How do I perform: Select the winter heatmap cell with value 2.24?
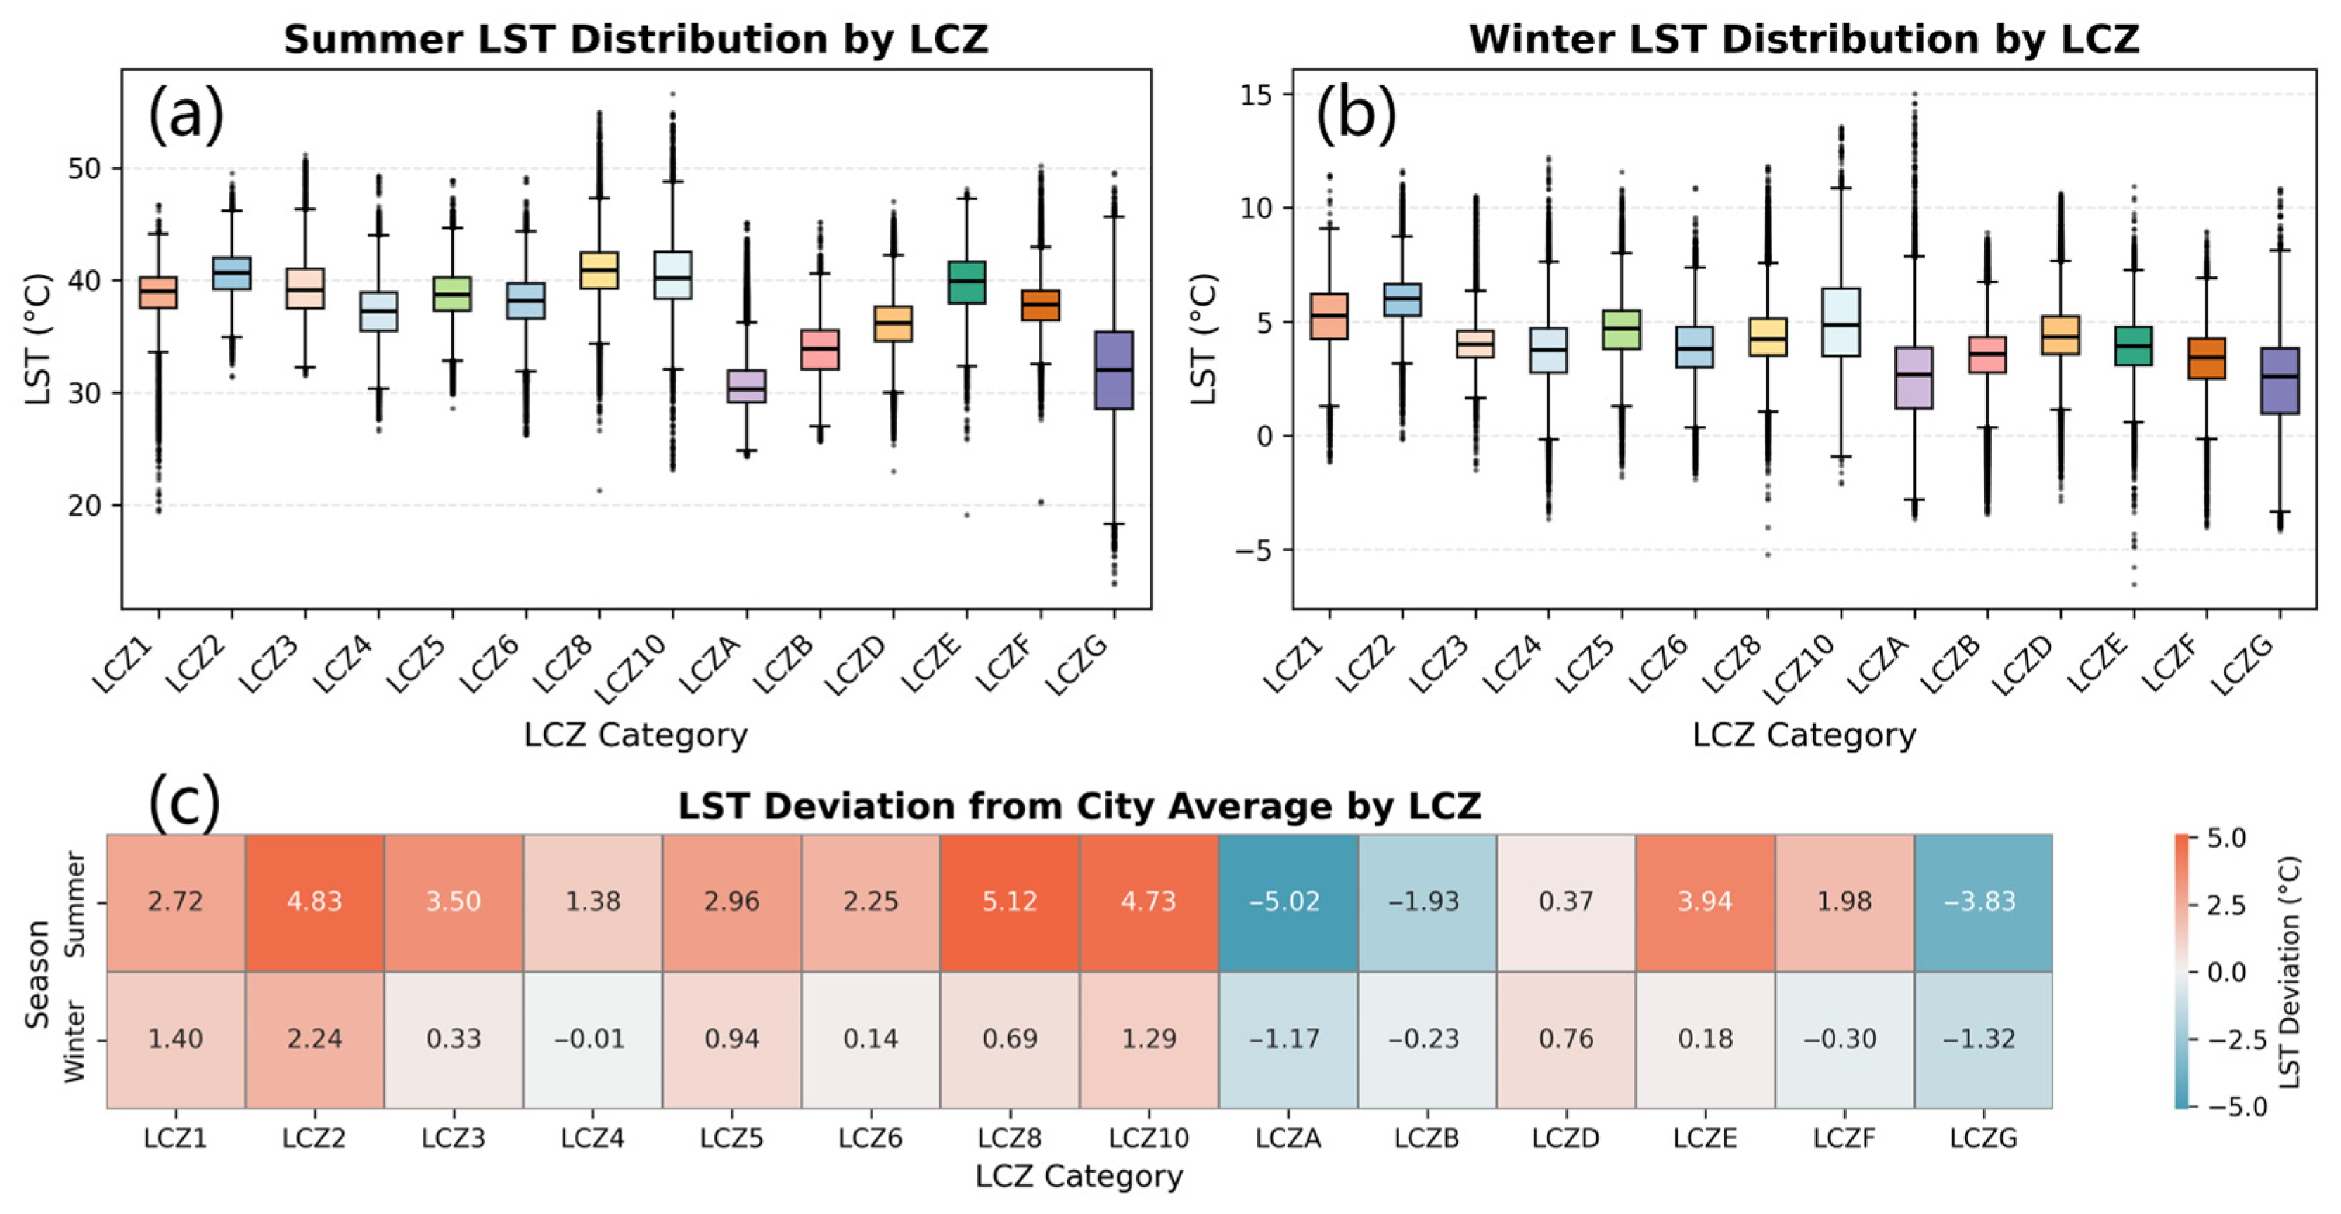click(x=314, y=1039)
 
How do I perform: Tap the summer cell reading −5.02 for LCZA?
click(x=1288, y=902)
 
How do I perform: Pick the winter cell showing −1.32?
click(x=1983, y=1039)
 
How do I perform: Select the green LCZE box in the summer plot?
click(x=967, y=281)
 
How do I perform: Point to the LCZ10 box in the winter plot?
click(x=1841, y=323)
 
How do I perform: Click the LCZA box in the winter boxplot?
click(x=1914, y=377)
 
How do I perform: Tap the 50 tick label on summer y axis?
click(x=84, y=169)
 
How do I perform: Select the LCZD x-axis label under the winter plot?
click(x=2025, y=666)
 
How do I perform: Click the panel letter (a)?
click(x=186, y=115)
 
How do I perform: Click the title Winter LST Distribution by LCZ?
click(x=1803, y=39)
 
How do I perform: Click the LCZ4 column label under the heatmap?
click(x=593, y=1137)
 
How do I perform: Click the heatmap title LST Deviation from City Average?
click(x=1079, y=806)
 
